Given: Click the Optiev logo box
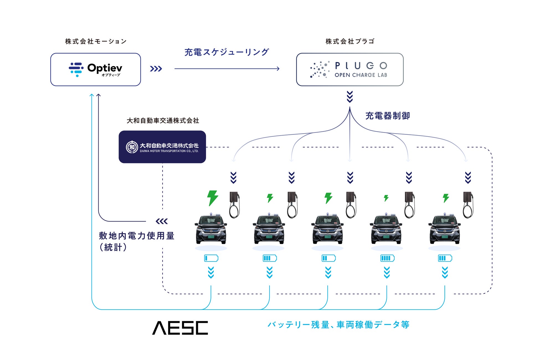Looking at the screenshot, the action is point(96,70).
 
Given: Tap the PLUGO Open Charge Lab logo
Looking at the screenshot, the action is point(350,70).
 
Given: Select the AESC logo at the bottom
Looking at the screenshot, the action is point(180,328).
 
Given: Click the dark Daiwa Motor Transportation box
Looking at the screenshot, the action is point(162,147).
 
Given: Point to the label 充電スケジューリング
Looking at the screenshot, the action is point(227,52).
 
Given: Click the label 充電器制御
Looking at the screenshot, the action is point(388,116).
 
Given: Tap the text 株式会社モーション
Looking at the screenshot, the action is point(96,42).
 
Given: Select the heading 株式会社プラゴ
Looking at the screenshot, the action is point(350,42).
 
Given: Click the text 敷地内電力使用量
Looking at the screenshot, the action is point(137,236).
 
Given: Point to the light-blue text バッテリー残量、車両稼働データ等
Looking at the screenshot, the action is point(338,325).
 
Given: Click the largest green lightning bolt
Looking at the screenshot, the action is point(212,198).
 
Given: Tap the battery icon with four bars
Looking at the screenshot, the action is point(387,258).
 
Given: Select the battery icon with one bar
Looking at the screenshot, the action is point(211,258).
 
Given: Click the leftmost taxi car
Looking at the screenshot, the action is point(211,229).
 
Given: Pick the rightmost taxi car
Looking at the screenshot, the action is point(444,229).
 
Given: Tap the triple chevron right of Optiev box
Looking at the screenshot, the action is point(156,69).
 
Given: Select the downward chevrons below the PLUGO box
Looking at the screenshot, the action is point(350,97).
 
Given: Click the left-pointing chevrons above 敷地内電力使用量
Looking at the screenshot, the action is point(162,221).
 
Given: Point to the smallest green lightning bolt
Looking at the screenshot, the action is point(386,198).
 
